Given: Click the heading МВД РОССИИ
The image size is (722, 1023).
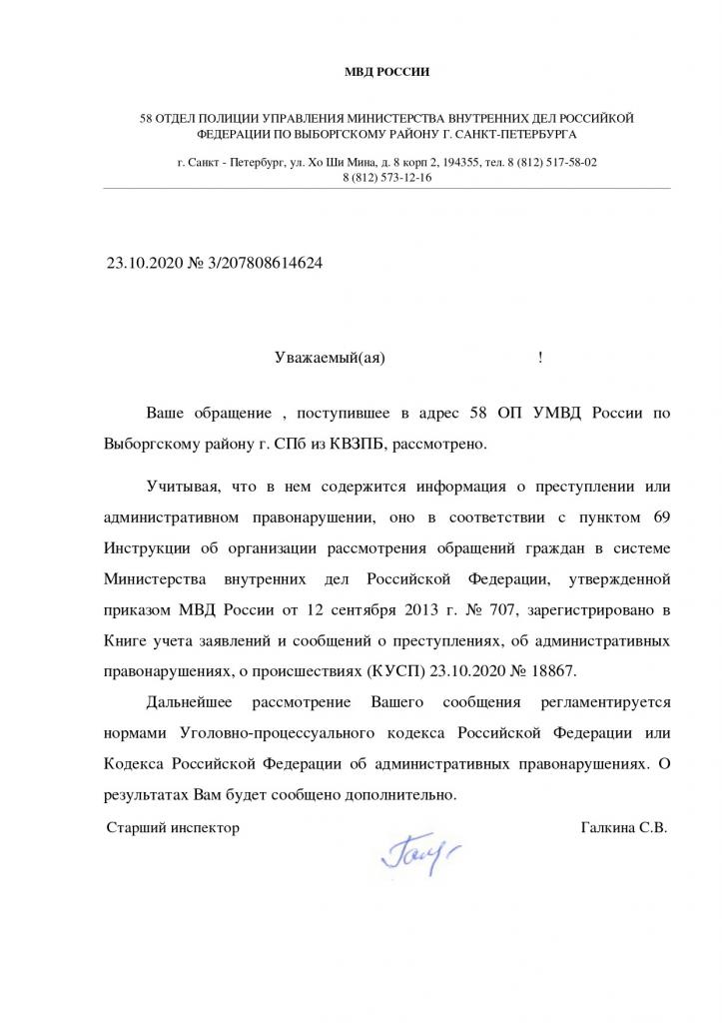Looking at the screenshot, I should tap(385, 72).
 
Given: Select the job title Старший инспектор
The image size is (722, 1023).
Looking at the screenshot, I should tap(173, 827).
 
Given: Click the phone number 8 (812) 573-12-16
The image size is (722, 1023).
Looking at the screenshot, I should tap(386, 177).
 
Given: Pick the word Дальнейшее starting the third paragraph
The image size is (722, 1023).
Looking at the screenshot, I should tap(191, 704).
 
